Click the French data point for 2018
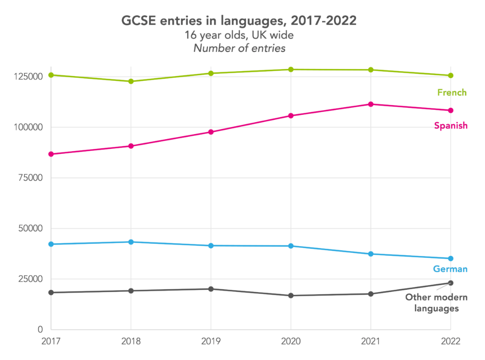click(x=131, y=81)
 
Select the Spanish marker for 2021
click(x=371, y=104)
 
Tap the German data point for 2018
click(x=131, y=242)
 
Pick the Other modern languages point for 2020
click(x=291, y=296)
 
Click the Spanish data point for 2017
click(x=51, y=154)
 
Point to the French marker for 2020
click(x=291, y=69)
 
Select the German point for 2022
click(x=451, y=259)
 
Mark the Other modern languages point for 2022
click(x=451, y=283)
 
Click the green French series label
click(x=452, y=93)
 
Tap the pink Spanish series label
click(x=451, y=125)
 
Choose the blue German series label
click(x=450, y=269)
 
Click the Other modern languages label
click(x=436, y=303)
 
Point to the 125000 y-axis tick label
click(x=28, y=77)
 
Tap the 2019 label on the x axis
click(x=211, y=341)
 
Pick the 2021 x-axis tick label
click(x=371, y=341)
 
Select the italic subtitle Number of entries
click(x=239, y=48)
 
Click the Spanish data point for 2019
click(x=211, y=132)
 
